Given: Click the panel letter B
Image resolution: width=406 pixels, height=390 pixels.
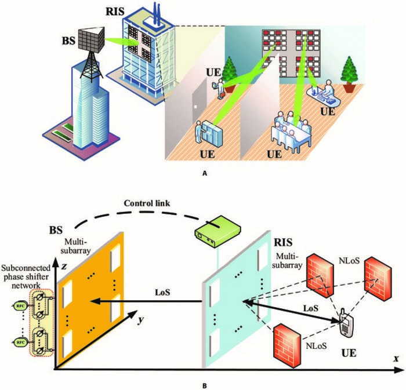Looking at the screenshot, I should (202, 383).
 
